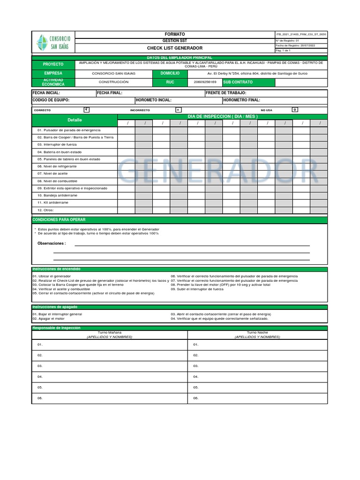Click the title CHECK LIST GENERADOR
coord(174,48)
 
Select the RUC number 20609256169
coord(205,82)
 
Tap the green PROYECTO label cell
coord(53,64)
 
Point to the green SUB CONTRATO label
coord(238,82)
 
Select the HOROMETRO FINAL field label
coord(241,100)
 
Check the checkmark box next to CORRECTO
coord(86,110)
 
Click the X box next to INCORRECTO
coord(178,110)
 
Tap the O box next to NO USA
coord(294,110)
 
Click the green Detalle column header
coord(74,120)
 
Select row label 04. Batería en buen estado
coord(60,152)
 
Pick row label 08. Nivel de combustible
coord(57,181)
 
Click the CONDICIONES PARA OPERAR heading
coord(59,219)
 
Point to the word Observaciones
coord(52,243)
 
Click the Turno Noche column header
coord(257,332)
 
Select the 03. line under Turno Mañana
coord(40,366)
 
